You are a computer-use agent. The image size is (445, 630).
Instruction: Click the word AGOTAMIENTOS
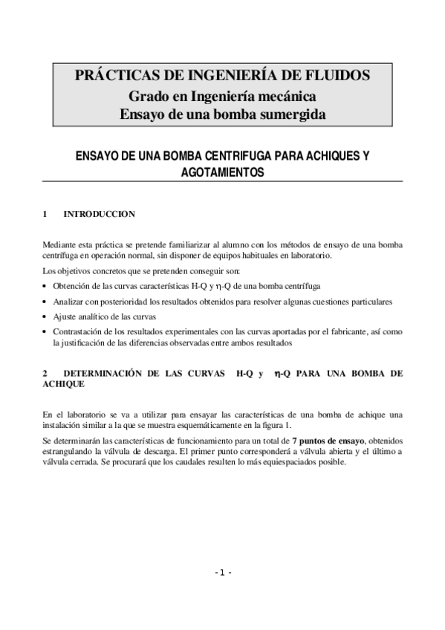(223, 172)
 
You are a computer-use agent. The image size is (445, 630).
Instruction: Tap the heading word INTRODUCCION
(99, 214)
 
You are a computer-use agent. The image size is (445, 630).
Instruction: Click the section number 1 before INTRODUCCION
(46, 214)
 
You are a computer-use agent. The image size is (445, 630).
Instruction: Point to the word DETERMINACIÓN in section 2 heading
(109, 374)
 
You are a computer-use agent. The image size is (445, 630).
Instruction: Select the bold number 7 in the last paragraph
(295, 441)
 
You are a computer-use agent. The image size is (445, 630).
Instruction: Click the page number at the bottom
(223, 574)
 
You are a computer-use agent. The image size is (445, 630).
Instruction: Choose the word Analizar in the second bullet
(68, 302)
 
